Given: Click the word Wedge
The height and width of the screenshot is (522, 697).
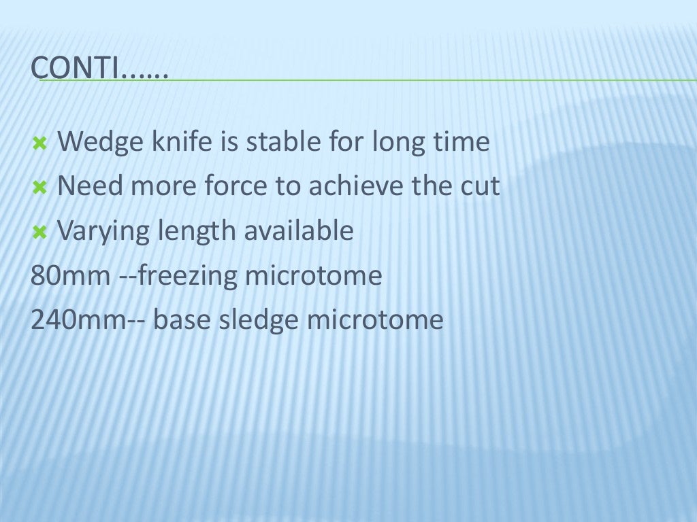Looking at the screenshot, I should [97, 143].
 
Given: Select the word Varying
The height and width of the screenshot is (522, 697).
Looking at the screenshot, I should [103, 232].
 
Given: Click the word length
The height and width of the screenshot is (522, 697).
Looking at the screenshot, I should [194, 232].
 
